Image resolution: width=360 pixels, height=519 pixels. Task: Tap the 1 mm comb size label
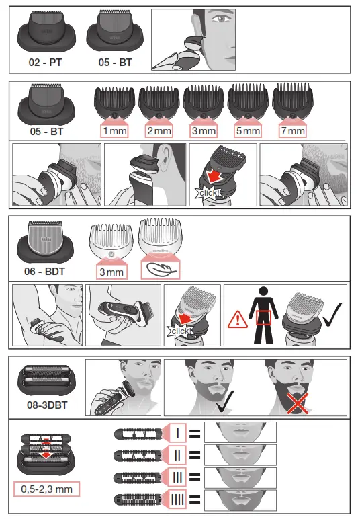coord(115,131)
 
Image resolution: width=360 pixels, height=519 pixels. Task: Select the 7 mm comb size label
coord(292,131)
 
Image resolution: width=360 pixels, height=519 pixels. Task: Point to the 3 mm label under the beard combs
coord(204,131)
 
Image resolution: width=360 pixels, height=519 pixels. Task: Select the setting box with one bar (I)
coord(177,432)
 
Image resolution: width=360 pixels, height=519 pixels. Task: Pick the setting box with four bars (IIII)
coord(177,500)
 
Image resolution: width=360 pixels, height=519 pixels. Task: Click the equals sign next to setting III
coord(195,477)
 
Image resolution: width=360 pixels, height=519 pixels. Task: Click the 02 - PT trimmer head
coord(44,36)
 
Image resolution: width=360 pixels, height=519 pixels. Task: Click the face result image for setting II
coord(240,454)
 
